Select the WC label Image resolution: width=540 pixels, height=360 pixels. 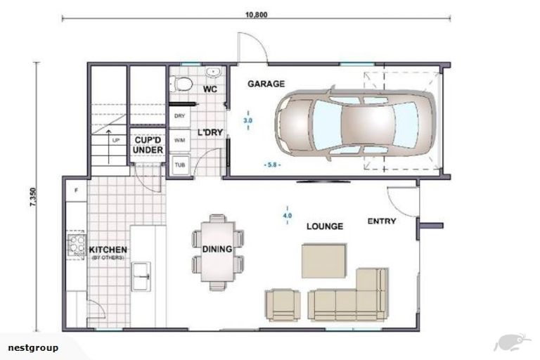point(210,89)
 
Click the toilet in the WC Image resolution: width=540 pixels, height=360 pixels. point(183,84)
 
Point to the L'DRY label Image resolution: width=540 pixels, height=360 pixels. point(209,132)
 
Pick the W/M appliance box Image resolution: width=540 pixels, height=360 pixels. point(179,140)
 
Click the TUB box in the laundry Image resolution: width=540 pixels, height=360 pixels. point(179,164)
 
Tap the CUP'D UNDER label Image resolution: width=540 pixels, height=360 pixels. point(149,145)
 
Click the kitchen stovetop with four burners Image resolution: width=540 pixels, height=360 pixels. point(76,245)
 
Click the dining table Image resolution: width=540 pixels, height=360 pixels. point(218,250)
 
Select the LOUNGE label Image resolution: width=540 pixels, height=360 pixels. point(324,226)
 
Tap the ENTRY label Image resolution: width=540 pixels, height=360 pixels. point(382,221)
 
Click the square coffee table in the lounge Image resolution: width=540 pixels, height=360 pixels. point(324,260)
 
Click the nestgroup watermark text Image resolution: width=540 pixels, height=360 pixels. point(33,347)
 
